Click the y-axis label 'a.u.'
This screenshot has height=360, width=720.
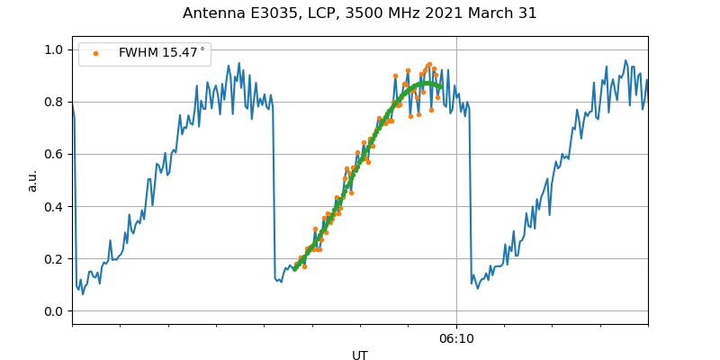click(32, 180)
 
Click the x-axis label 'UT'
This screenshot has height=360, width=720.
click(360, 355)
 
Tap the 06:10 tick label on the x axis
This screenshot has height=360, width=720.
click(456, 339)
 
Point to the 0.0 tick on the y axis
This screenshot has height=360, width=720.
click(55, 311)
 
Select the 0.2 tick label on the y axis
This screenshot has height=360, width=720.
click(55, 259)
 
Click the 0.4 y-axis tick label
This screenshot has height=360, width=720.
click(55, 207)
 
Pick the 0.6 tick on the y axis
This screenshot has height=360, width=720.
click(55, 155)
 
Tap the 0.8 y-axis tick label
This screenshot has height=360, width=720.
click(55, 103)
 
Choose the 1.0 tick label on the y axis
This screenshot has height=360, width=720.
click(55, 50)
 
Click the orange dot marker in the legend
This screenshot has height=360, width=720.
click(96, 53)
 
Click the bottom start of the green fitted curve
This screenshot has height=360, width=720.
click(294, 268)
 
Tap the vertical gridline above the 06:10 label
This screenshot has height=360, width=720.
click(456, 180)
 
